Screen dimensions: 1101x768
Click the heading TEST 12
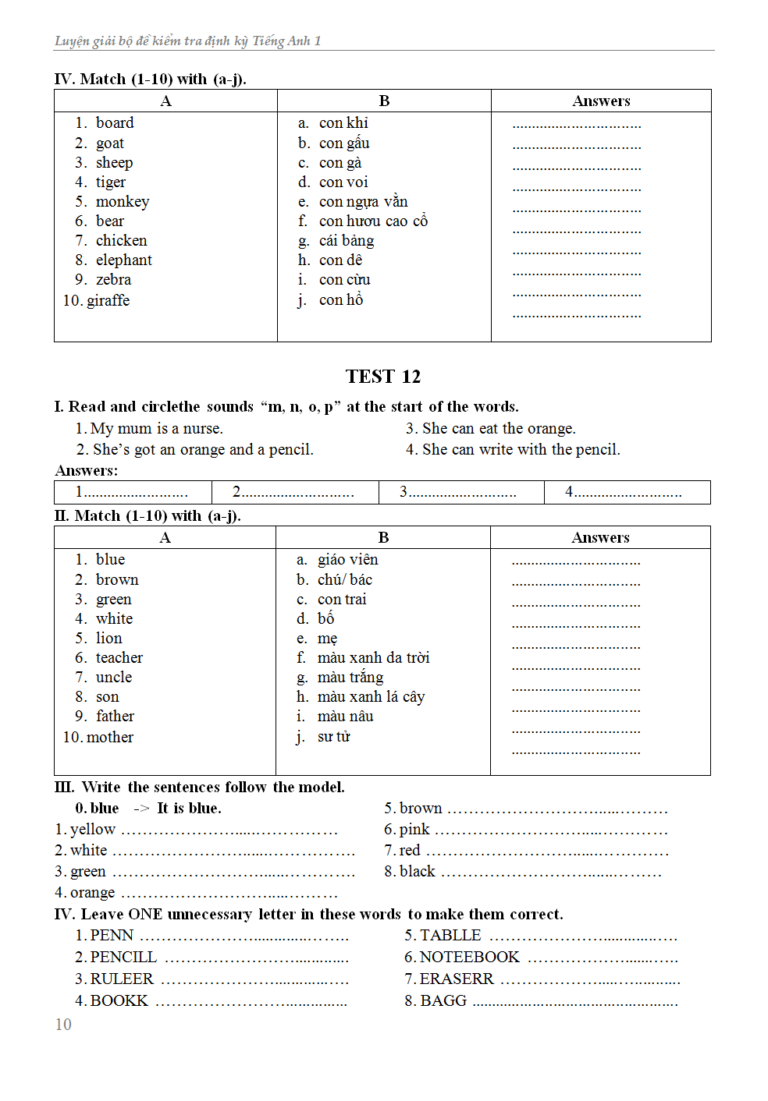pyautogui.click(x=382, y=377)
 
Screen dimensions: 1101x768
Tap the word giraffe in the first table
pyautogui.click(x=108, y=300)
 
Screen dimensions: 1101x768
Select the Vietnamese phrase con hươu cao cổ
pyautogui.click(x=373, y=221)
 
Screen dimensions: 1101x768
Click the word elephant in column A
pyautogui.click(x=123, y=260)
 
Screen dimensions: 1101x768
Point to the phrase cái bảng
pyautogui.click(x=346, y=241)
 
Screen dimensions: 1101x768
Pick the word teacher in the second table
pyautogui.click(x=119, y=658)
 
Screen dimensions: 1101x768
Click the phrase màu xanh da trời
pyautogui.click(x=373, y=658)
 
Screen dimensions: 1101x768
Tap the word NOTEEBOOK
pyautogui.click(x=469, y=958)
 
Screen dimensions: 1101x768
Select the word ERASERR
pyautogui.click(x=456, y=979)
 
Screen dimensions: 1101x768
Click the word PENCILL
pyautogui.click(x=123, y=958)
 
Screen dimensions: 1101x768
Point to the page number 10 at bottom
pyautogui.click(x=63, y=1025)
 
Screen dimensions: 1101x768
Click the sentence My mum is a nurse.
pyautogui.click(x=156, y=429)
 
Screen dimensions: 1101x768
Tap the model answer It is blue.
pyautogui.click(x=189, y=809)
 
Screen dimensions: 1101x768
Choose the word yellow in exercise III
pyautogui.click(x=92, y=830)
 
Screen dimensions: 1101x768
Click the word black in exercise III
pyautogui.click(x=417, y=872)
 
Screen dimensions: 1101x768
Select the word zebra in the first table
pyautogui.click(x=113, y=280)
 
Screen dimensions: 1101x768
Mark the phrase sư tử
pyautogui.click(x=333, y=737)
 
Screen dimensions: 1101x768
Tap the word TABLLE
pyautogui.click(x=450, y=936)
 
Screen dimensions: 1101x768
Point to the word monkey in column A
pyautogui.click(x=122, y=202)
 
